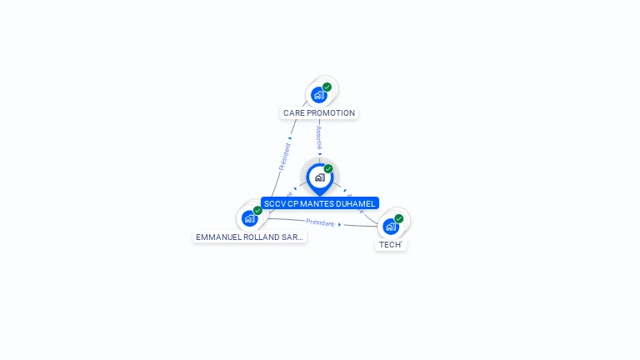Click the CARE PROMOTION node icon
click(319, 95)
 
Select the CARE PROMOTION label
click(319, 113)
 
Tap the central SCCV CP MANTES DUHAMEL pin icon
click(319, 177)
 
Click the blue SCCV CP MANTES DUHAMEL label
click(320, 203)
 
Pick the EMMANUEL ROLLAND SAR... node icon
click(249, 218)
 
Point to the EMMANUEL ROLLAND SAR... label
click(249, 237)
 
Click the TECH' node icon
click(390, 226)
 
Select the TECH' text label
click(390, 245)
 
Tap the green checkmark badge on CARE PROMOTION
click(327, 87)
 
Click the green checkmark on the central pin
click(328, 169)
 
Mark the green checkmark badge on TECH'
click(399, 218)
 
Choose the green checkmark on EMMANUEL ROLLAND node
click(258, 211)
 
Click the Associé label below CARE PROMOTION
click(319, 137)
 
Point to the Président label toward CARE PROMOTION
click(284, 157)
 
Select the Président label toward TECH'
click(320, 222)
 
